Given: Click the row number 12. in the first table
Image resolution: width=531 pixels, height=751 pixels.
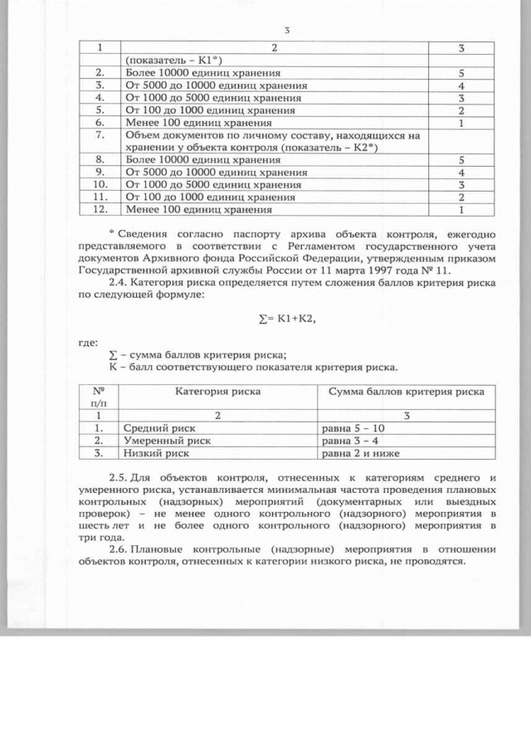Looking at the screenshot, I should [99, 209].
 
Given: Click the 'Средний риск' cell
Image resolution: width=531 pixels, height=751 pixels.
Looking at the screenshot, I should [159, 427].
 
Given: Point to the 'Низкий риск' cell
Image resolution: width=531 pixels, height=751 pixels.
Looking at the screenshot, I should [157, 454].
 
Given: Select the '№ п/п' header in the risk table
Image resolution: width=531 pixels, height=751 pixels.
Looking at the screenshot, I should [99, 396].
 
